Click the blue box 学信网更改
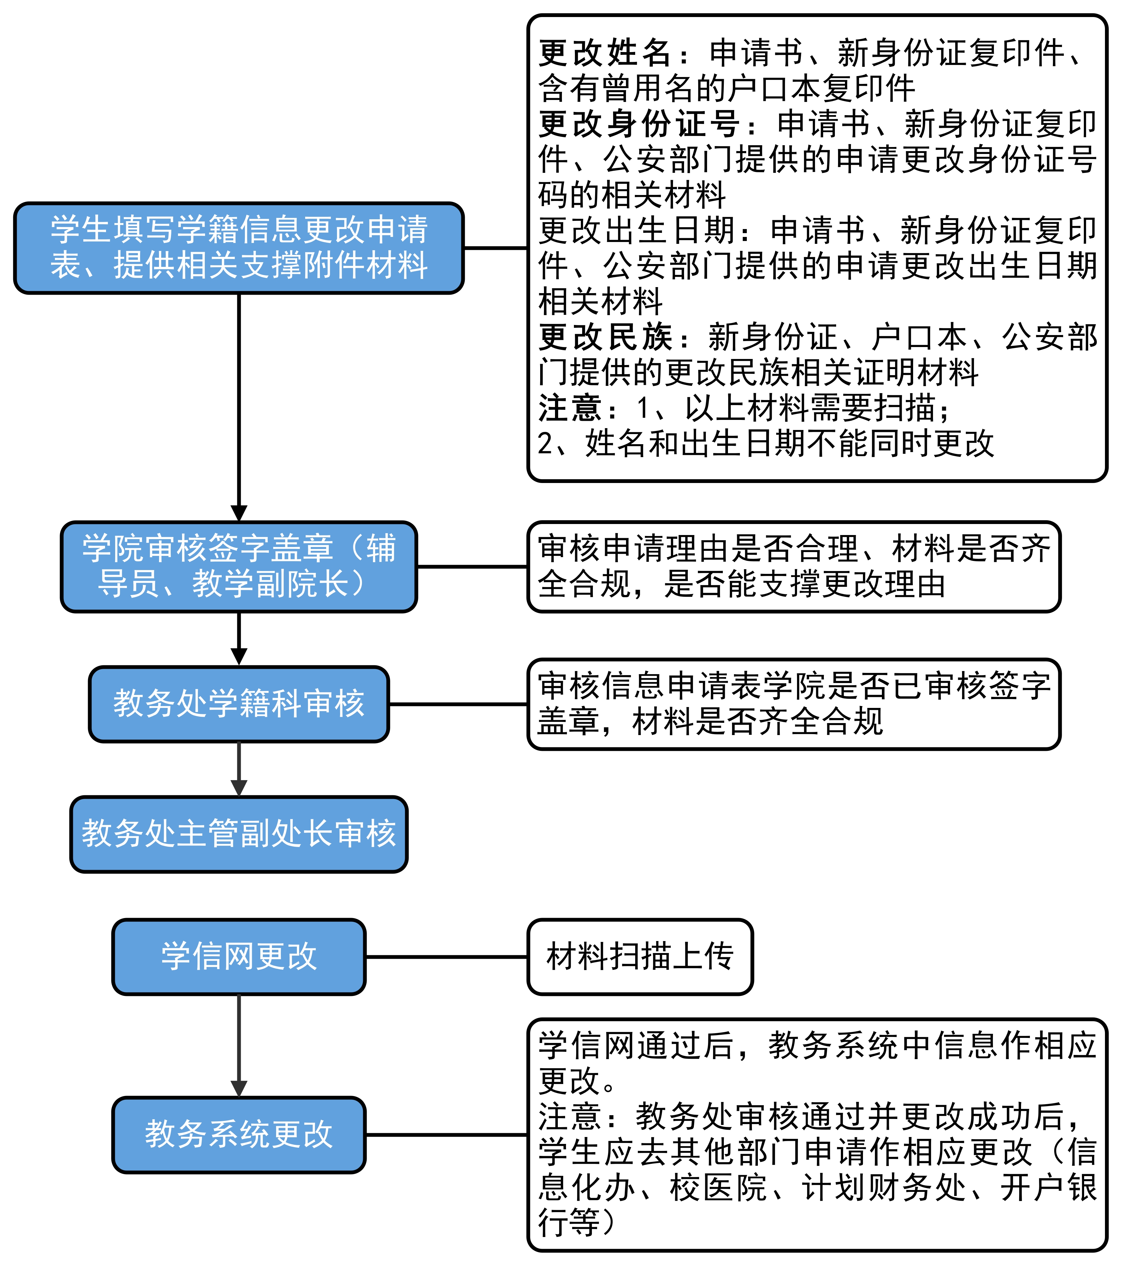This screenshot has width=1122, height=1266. coord(239,957)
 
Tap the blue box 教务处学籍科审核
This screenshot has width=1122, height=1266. coord(239,704)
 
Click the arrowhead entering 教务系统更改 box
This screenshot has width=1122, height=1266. coord(239,1088)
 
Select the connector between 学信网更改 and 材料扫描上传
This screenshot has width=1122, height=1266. coord(446,957)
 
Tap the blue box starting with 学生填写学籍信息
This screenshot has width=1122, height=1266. coord(239,248)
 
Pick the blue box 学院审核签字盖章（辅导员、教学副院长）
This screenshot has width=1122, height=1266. coord(239,567)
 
